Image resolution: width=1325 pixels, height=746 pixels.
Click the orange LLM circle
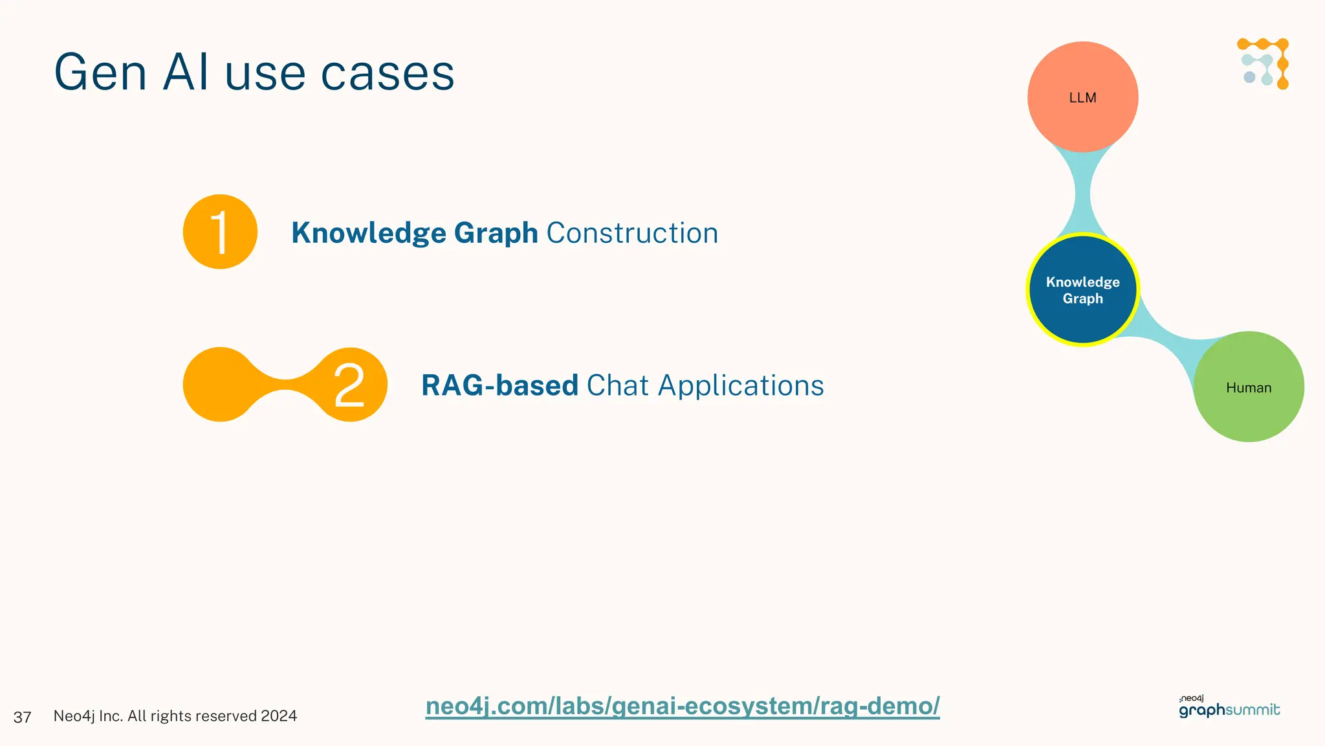pyautogui.click(x=1082, y=97)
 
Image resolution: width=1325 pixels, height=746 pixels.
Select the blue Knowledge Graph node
pyautogui.click(x=1082, y=289)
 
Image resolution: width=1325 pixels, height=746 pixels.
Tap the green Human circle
pyautogui.click(x=1248, y=387)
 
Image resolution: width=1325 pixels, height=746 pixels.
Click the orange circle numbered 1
pyautogui.click(x=220, y=232)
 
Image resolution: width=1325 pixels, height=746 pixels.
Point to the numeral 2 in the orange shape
pyautogui.click(x=349, y=385)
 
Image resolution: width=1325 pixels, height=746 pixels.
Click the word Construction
pyautogui.click(x=632, y=233)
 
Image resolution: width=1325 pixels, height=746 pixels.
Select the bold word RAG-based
pyautogui.click(x=499, y=385)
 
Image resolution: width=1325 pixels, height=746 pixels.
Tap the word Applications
pyautogui.click(x=741, y=386)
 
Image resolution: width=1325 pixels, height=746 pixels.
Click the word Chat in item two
pyautogui.click(x=617, y=385)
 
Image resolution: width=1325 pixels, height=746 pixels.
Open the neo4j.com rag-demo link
pyautogui.click(x=682, y=706)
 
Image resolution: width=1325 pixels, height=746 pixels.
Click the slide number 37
pyautogui.click(x=22, y=717)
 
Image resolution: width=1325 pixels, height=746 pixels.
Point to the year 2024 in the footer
pyautogui.click(x=279, y=716)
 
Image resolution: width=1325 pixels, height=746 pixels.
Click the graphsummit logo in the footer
pyautogui.click(x=1229, y=708)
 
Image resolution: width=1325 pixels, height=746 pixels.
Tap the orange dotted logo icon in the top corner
pyautogui.click(x=1264, y=63)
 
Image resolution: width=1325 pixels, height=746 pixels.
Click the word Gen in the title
pyautogui.click(x=100, y=73)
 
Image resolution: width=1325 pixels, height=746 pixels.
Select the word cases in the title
pyautogui.click(x=388, y=73)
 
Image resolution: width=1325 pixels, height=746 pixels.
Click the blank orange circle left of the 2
pyautogui.click(x=220, y=385)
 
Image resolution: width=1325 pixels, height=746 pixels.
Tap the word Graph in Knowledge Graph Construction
pyautogui.click(x=496, y=233)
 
